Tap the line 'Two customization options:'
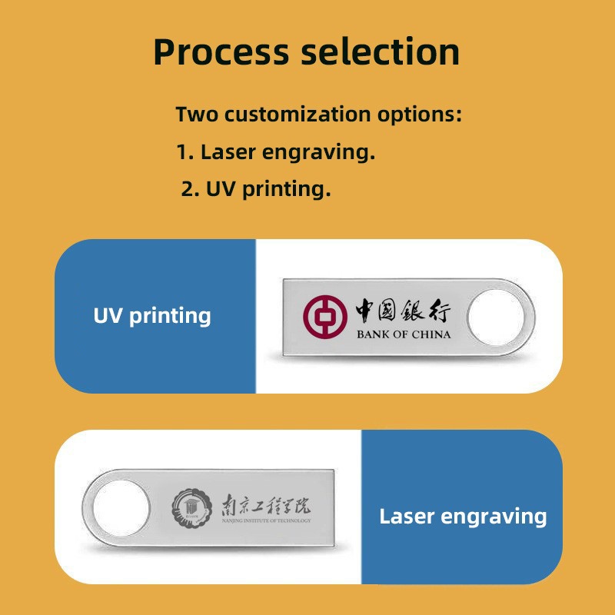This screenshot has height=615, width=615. pos(318,115)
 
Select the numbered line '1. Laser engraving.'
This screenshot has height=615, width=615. pos(275,151)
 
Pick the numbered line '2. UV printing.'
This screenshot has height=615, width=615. pos(256,188)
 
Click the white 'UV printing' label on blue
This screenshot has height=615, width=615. pos(152,315)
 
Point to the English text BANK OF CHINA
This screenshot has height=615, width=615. pos(404,334)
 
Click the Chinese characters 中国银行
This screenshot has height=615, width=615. pos(404,312)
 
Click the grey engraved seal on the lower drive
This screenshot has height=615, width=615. pos(188,507)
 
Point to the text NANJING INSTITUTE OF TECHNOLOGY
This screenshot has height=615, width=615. pos(261,522)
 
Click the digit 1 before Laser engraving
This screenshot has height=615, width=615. pos(182,151)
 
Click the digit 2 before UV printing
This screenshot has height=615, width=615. pos(187,188)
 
